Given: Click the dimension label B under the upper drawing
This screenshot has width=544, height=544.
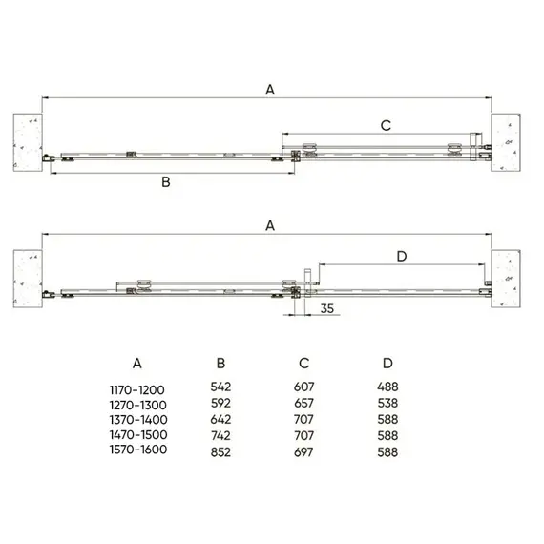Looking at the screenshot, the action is pos(166,182).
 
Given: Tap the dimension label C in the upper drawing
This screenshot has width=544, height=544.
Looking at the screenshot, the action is pos(386,126).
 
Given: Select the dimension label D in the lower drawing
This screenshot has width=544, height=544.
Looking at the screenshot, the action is pos(402,257).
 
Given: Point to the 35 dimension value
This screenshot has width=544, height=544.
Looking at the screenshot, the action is pos(326,308).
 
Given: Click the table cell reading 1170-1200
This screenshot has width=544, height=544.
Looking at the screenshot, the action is pos(137,390).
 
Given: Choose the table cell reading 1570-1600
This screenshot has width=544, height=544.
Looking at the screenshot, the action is pos(138,450).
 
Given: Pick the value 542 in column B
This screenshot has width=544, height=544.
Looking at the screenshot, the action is pos(220,387).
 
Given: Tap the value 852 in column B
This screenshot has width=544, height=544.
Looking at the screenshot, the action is pos(220,452).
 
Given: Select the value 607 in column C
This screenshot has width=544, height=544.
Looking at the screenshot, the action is pos(303,387).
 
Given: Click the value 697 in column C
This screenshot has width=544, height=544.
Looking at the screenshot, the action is pos(303,452).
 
